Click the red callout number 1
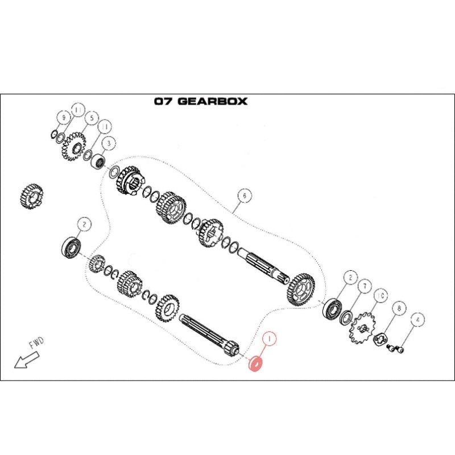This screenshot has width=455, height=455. point(270,338)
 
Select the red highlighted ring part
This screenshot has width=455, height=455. point(255,363)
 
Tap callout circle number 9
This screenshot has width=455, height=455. point(64,118)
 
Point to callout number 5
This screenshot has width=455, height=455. point(92,118)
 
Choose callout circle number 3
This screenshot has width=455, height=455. point(109,143)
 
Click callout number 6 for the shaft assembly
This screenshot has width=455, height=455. point(245,196)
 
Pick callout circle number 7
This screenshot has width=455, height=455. point(365,287)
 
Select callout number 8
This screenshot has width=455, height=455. point(399,308)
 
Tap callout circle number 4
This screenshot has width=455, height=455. point(417,320)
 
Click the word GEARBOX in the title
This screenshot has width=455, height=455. point(212,101)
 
